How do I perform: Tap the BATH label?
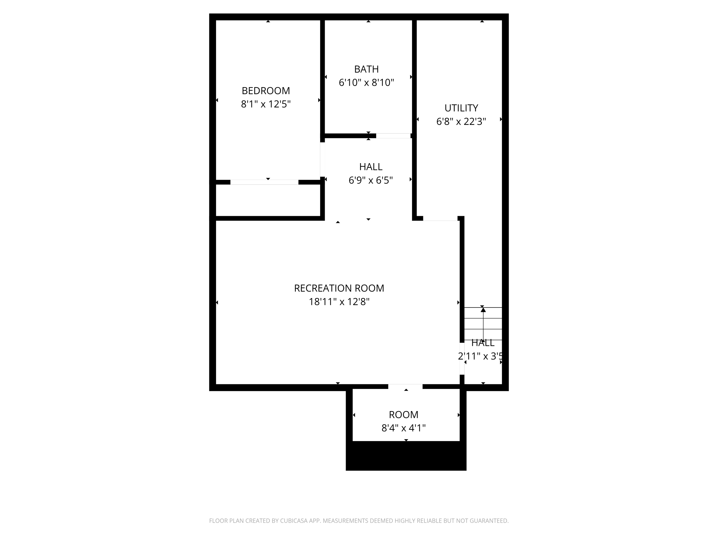click(366, 69)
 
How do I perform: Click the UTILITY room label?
click(461, 108)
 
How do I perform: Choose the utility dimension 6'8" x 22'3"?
click(461, 121)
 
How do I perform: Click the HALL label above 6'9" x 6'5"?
click(371, 167)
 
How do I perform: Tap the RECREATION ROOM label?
click(339, 288)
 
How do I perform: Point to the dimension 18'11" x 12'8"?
click(339, 302)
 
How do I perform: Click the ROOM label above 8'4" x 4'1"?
click(404, 415)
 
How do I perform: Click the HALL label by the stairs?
click(483, 343)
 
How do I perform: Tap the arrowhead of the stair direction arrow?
click(483, 310)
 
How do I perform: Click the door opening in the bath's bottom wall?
click(393, 136)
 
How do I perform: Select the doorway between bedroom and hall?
click(322, 160)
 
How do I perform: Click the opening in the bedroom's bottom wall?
click(264, 182)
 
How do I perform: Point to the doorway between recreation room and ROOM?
click(405, 386)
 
